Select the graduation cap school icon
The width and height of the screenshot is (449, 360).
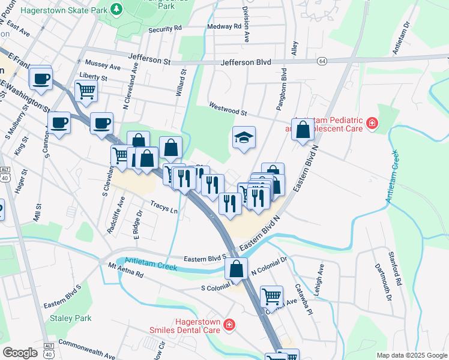click(x=244, y=138)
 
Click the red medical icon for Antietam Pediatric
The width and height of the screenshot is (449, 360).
click(x=372, y=124)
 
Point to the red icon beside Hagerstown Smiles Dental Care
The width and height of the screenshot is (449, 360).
click(x=228, y=325)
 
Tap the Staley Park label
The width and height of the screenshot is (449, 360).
click(x=71, y=318)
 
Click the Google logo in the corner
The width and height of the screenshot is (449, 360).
click(x=20, y=353)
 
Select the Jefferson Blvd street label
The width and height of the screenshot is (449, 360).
click(x=246, y=62)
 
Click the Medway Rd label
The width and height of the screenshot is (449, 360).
click(x=223, y=26)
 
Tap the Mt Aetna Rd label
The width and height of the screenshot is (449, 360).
click(x=126, y=270)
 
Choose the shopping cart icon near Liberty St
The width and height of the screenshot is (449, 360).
click(x=86, y=91)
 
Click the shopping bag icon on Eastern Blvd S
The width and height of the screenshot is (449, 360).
click(x=237, y=269)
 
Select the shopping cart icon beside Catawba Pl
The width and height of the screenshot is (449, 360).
click(x=271, y=296)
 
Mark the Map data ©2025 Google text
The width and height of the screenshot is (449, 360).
click(x=412, y=355)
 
